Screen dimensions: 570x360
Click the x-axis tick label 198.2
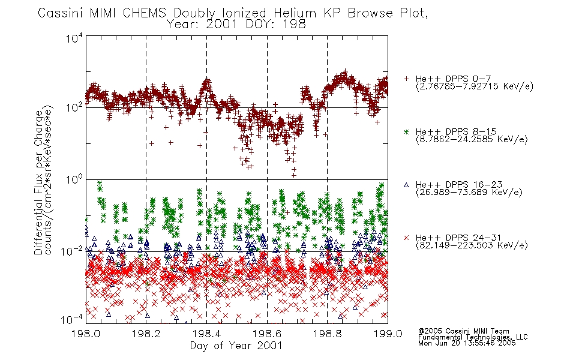pyautogui.click(x=146, y=334)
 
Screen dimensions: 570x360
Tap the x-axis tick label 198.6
pyautogui.click(x=267, y=334)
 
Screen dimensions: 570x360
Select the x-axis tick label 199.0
pyautogui.click(x=388, y=334)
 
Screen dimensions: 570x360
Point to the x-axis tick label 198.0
pyautogui.click(x=86, y=334)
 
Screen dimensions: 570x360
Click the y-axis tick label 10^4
pyautogui.click(x=74, y=38)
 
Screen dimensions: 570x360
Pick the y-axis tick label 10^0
pyautogui.click(x=74, y=179)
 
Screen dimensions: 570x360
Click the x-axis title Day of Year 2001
pyautogui.click(x=236, y=346)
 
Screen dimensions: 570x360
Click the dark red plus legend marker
pyautogui.click(x=406, y=79)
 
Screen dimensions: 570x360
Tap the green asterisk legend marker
pyautogui.click(x=406, y=132)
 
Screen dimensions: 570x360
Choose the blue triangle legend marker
pyautogui.click(x=406, y=185)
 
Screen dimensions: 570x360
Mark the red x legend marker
pyautogui.click(x=406, y=238)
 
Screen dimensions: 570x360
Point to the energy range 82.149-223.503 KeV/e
pyautogui.click(x=472, y=245)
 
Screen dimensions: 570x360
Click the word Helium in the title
pyautogui.click(x=295, y=13)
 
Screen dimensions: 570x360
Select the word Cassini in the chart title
pyautogui.click(x=61, y=13)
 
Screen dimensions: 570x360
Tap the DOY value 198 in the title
pyautogui.click(x=296, y=25)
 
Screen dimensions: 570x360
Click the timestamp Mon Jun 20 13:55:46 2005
pyautogui.click(x=467, y=343)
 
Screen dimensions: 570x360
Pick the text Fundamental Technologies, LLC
pyautogui.click(x=473, y=337)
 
